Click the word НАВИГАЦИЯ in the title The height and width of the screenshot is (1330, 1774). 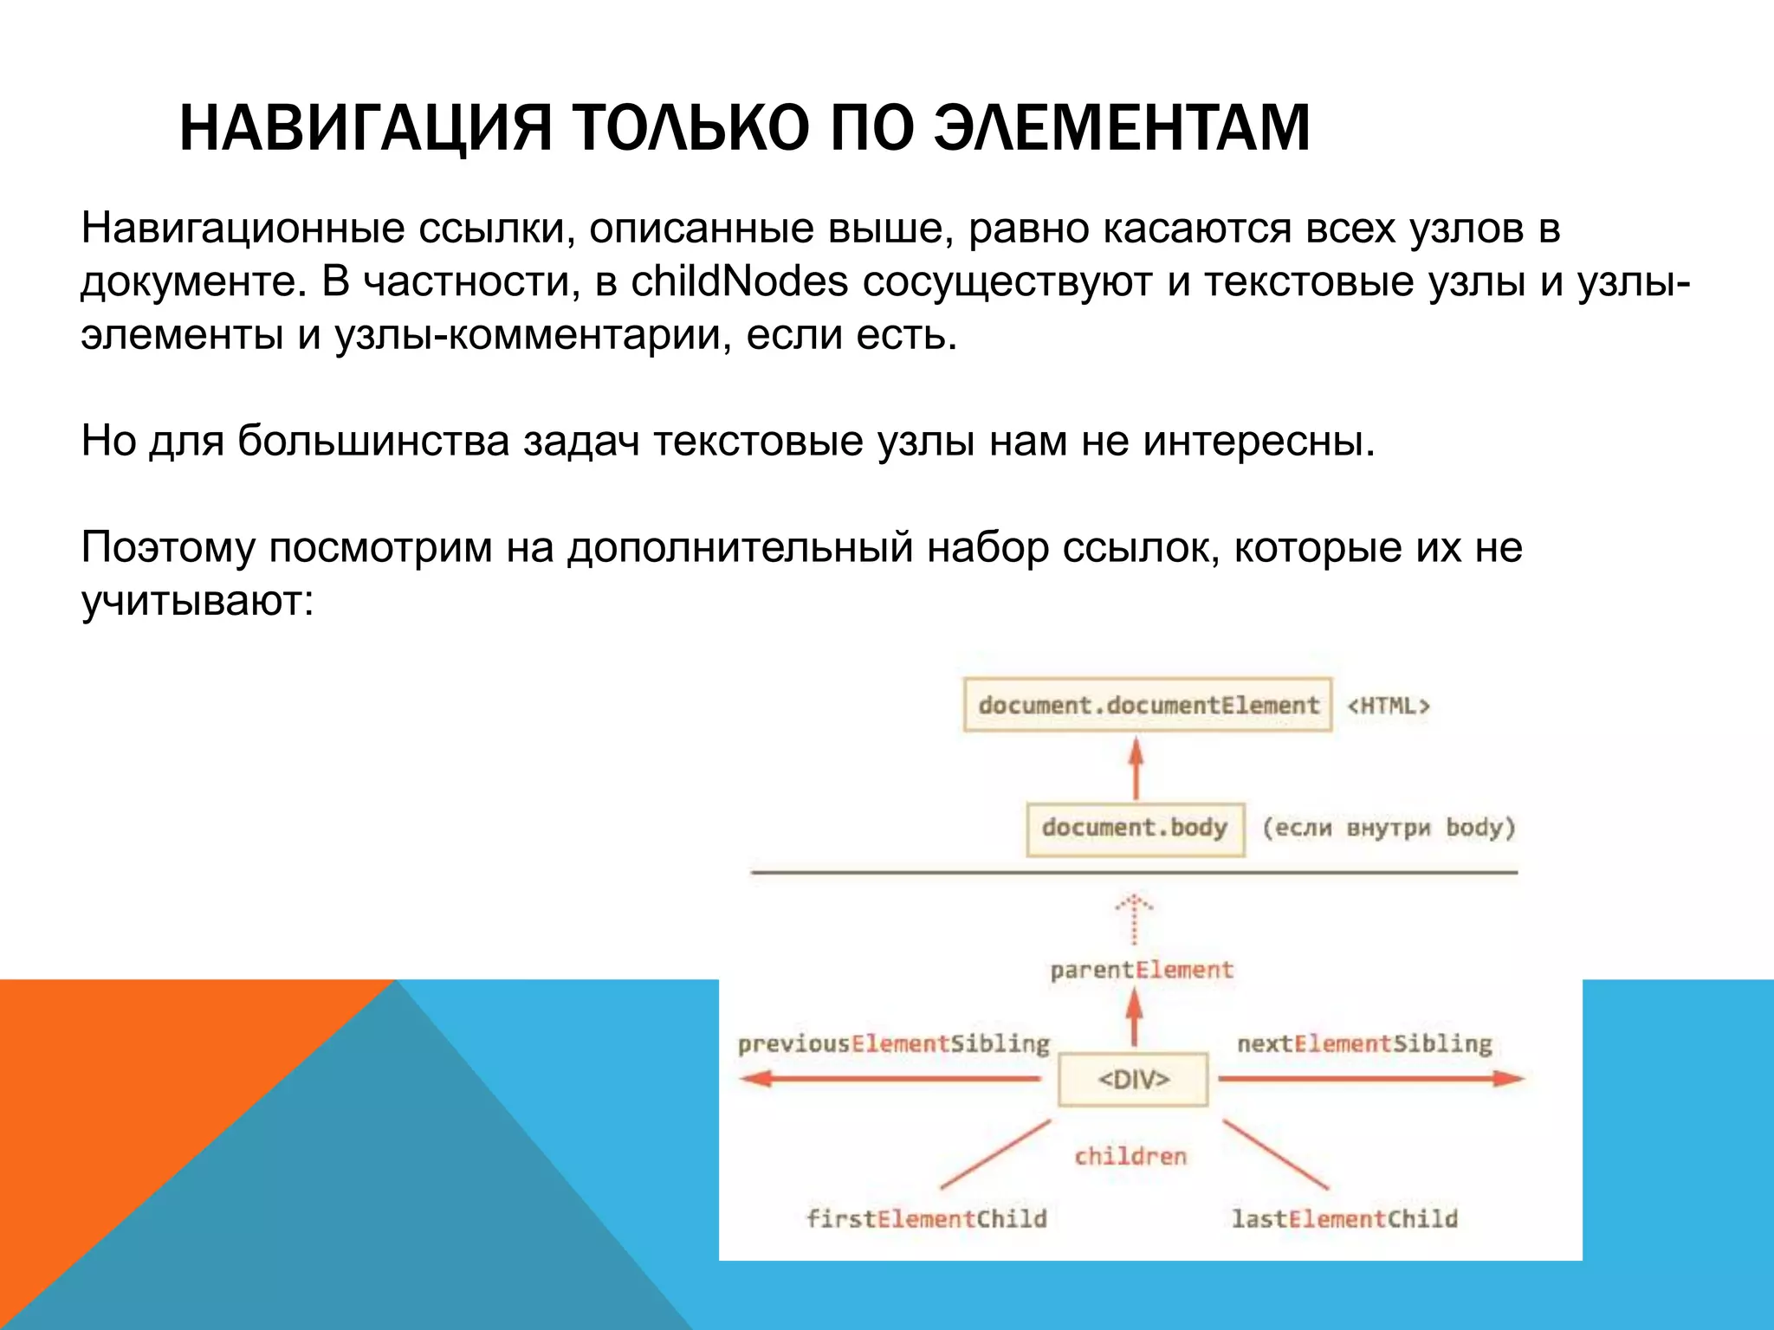365,128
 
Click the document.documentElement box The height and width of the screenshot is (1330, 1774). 1147,705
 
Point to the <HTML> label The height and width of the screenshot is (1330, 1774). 1388,706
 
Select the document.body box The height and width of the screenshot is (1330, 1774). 1135,828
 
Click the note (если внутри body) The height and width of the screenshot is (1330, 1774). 1389,828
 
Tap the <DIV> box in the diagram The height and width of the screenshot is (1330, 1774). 1133,1079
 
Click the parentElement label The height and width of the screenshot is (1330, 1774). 1141,970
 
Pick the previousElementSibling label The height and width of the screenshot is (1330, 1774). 893,1043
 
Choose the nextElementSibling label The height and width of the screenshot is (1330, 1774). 1364,1043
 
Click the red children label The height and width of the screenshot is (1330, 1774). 1130,1157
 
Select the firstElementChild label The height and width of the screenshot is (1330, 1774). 926,1219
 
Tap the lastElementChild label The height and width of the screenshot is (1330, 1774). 1344,1219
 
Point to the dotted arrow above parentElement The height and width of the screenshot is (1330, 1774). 1134,920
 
